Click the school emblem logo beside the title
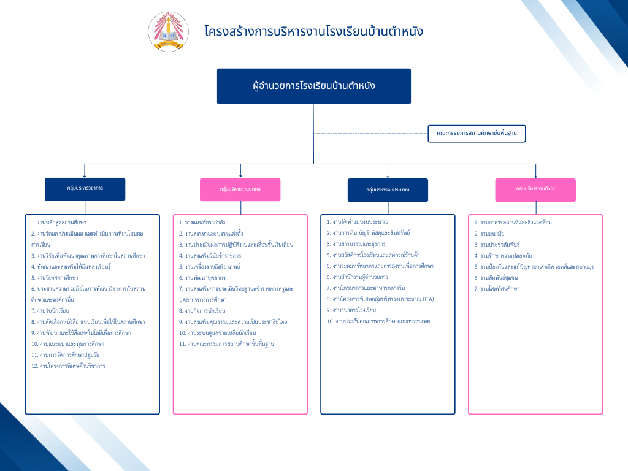click(x=169, y=31)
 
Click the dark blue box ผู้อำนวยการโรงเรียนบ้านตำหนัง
click(x=313, y=86)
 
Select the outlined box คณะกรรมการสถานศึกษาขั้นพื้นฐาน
click(x=477, y=133)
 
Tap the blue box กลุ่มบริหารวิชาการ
click(x=85, y=189)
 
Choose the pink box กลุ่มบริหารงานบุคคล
click(x=240, y=190)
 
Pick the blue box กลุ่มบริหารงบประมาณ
click(x=388, y=190)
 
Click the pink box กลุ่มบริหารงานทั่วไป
click(x=535, y=190)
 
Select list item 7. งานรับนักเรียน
click(x=51, y=310)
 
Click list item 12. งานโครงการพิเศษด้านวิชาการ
click(x=68, y=366)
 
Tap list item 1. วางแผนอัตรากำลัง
click(x=202, y=222)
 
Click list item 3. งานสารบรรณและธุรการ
click(x=356, y=243)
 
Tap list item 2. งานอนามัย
click(x=489, y=233)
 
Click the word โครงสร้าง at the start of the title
click(x=224, y=31)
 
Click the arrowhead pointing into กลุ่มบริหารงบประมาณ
click(x=388, y=175)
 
